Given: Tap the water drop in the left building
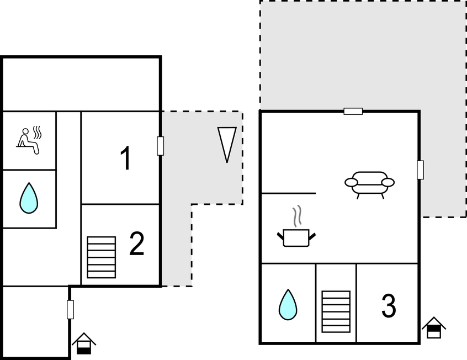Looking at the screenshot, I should click(29, 198).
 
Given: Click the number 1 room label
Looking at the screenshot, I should click(126, 158).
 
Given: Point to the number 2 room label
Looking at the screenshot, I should click(136, 244).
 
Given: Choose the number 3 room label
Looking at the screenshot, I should click(389, 306).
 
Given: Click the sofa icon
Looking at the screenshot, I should click(369, 183).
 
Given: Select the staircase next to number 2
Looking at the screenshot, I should click(102, 257).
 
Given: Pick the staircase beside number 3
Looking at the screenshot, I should click(336, 311).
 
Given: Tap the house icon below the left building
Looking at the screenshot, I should click(84, 343).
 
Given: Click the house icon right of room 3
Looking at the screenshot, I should click(434, 327).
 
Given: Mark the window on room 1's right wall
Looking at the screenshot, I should click(160, 146).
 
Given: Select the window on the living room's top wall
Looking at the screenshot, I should click(353, 111).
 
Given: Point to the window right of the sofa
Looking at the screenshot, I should click(420, 170).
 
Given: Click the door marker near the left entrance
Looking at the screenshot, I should click(70, 309).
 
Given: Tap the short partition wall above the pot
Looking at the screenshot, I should click(288, 193).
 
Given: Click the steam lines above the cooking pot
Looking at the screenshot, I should click(298, 216).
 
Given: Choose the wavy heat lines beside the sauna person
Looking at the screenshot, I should click(38, 133).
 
